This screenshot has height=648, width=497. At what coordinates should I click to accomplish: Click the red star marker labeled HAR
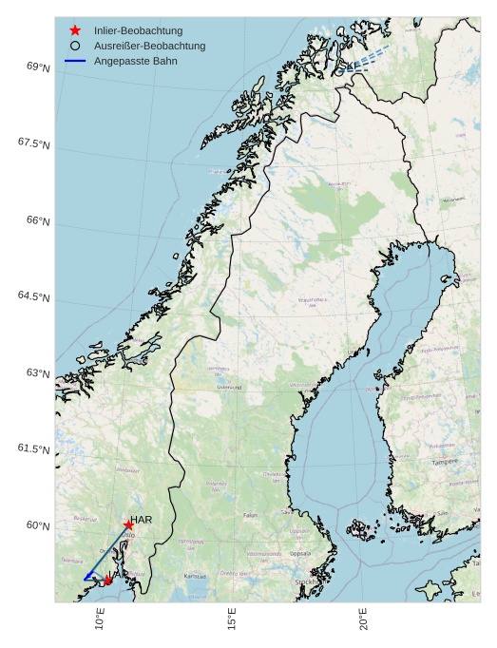(127, 524)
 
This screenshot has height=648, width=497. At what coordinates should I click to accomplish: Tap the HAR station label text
(142, 520)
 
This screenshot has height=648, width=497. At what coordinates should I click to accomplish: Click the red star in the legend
(75, 30)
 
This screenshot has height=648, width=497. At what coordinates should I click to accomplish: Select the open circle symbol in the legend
(75, 46)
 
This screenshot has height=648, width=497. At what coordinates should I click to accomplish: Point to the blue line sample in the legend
(75, 61)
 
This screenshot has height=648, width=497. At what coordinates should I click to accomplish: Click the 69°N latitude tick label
(38, 67)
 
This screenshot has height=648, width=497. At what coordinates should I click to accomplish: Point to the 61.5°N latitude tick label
(34, 448)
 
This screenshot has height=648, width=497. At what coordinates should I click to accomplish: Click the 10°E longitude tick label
(101, 619)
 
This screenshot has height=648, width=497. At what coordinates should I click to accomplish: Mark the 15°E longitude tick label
(232, 619)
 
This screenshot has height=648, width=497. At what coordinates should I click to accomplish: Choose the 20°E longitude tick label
(363, 619)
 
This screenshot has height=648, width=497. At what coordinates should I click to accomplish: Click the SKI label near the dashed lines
(347, 66)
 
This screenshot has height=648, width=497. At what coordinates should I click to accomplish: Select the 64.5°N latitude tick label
(34, 296)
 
